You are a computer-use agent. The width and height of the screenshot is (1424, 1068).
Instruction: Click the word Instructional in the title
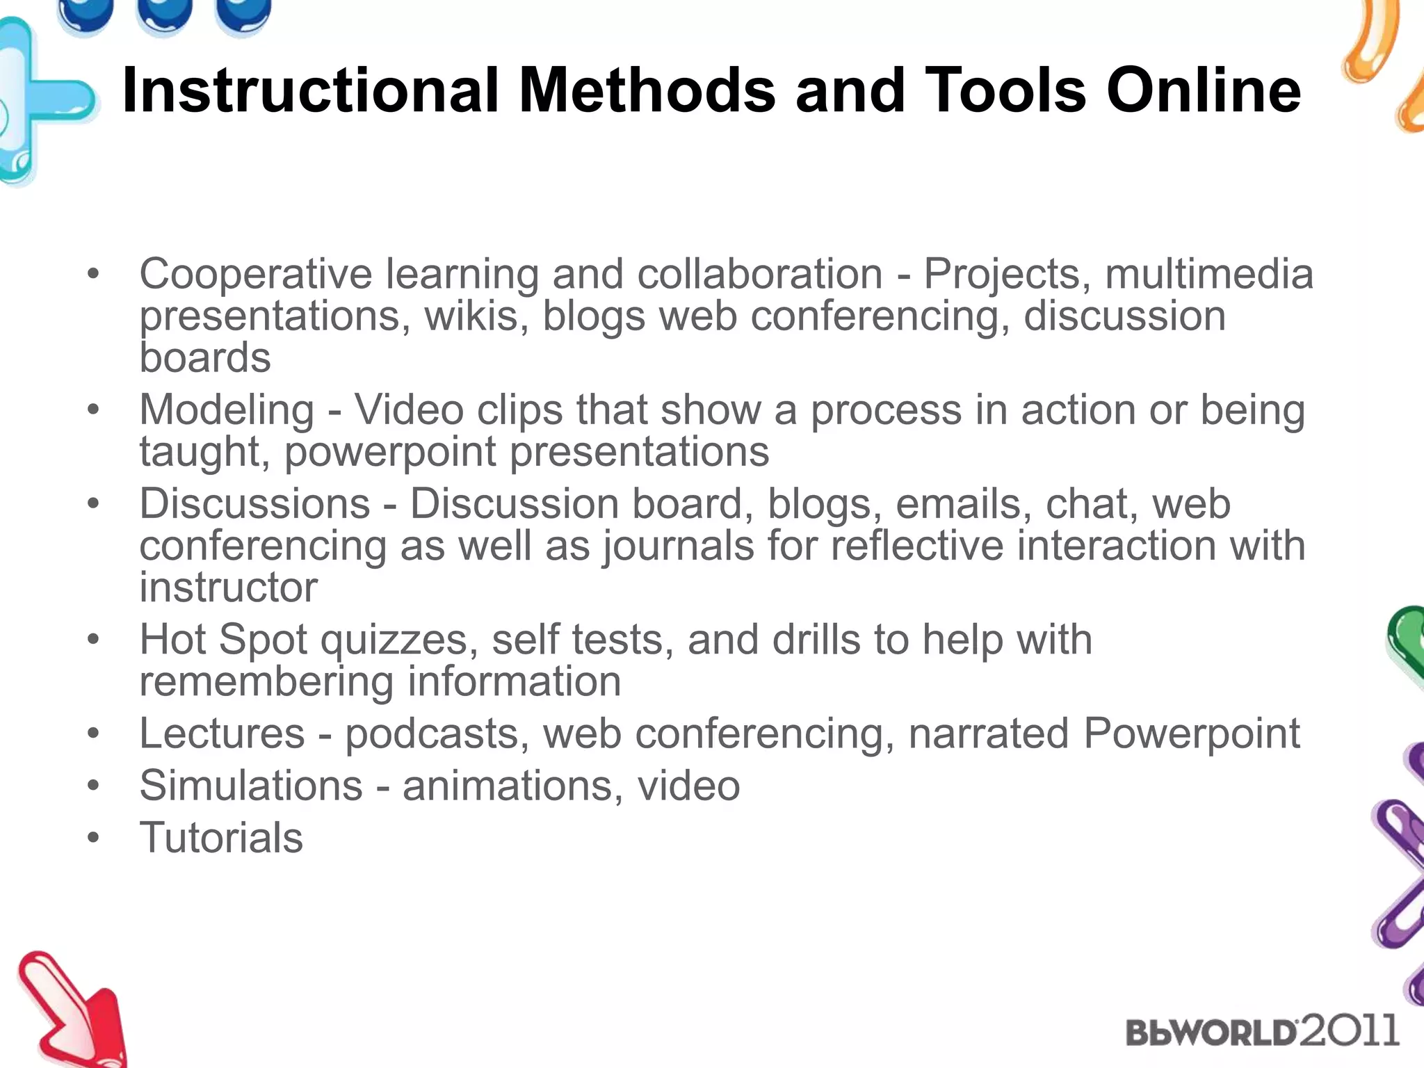310,90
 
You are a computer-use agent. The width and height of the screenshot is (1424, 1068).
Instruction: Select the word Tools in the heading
1006,90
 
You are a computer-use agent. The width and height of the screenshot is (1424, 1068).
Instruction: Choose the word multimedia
1209,274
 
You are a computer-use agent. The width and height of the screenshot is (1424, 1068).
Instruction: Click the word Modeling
227,410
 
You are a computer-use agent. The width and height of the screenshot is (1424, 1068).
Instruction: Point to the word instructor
229,588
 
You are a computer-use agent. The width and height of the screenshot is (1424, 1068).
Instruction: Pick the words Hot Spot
223,639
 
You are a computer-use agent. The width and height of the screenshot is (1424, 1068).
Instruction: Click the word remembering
266,681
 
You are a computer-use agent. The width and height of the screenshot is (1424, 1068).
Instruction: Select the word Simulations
251,786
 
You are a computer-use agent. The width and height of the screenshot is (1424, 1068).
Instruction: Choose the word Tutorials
221,837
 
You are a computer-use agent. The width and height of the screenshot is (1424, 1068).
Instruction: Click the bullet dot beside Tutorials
93,837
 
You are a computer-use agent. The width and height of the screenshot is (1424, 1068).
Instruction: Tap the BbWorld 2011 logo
1261,1030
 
